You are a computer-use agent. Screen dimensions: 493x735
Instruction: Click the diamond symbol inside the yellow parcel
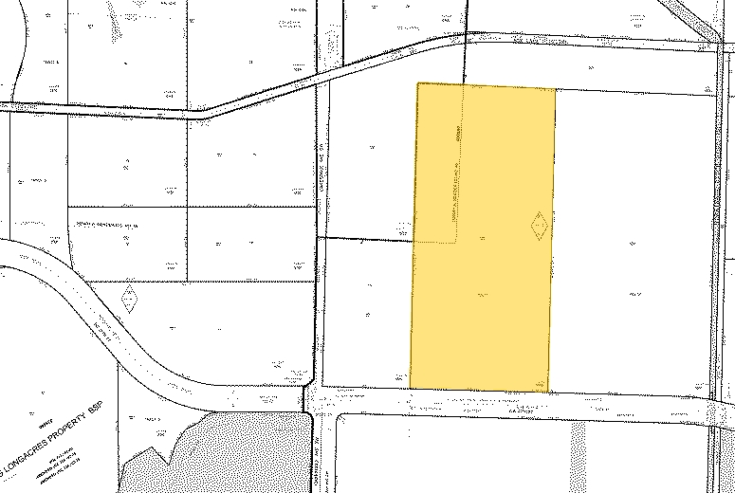point(539,226)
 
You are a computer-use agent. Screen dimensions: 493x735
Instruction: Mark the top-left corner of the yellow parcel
point(418,83)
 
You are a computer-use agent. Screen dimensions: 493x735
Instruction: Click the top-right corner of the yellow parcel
point(555,89)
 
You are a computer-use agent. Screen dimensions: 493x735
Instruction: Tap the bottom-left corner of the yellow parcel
point(410,387)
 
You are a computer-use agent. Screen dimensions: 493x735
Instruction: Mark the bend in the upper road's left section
point(201,111)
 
